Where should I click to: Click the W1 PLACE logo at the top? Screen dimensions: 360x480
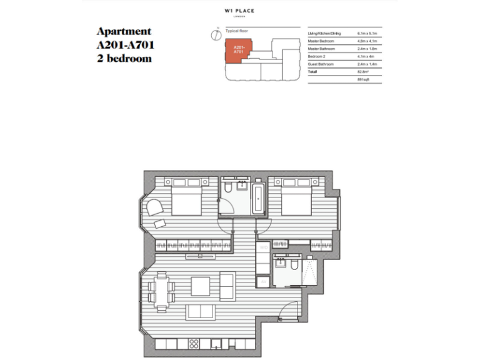click(x=240, y=11)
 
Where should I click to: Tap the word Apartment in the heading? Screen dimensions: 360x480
click(x=124, y=32)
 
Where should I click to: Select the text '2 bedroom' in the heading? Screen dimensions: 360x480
click(x=124, y=59)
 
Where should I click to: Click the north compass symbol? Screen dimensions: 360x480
click(x=216, y=35)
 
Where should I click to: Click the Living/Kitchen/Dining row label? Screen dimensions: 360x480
click(x=324, y=33)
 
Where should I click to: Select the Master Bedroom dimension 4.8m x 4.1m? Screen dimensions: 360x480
click(x=365, y=41)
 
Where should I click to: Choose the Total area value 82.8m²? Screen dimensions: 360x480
click(x=362, y=72)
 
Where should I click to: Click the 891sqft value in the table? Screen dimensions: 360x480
click(x=362, y=80)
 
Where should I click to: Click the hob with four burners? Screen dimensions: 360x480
click(x=193, y=343)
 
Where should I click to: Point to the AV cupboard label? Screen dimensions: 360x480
click(x=264, y=284)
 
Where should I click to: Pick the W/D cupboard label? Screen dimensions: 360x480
click(x=264, y=249)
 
